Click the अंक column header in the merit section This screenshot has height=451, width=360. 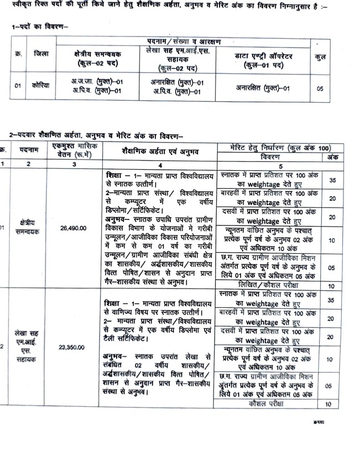[332, 156]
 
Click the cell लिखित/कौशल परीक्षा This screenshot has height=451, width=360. [267, 286]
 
